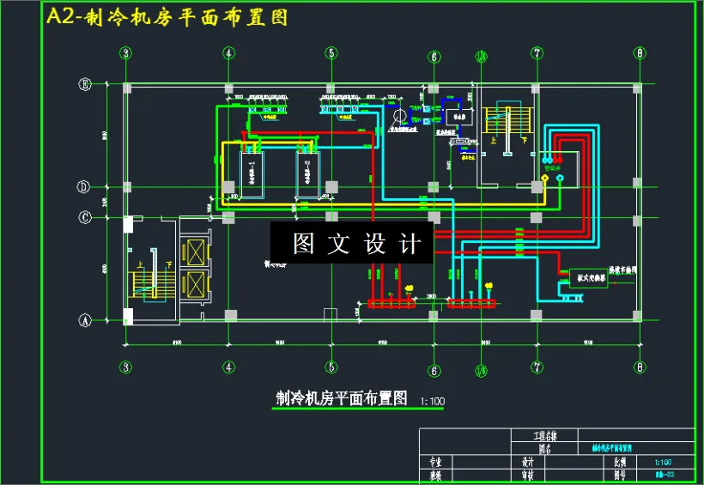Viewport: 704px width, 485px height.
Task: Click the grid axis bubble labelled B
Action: click(x=84, y=84)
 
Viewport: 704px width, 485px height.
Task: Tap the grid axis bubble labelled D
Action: click(x=84, y=186)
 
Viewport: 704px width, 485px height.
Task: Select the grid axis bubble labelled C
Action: click(x=84, y=217)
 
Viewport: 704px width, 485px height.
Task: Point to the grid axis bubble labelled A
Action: click(x=84, y=320)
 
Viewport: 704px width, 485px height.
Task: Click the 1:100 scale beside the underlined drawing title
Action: click(x=433, y=401)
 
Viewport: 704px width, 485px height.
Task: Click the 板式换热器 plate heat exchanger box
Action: click(x=588, y=278)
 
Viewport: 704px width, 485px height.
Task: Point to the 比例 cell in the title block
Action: click(x=621, y=461)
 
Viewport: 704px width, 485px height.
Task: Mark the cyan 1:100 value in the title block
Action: click(x=662, y=461)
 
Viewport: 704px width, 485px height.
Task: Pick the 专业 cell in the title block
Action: click(x=434, y=461)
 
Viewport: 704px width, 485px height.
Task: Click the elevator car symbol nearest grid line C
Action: click(x=197, y=253)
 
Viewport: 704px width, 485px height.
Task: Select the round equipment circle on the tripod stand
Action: click(x=398, y=116)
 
